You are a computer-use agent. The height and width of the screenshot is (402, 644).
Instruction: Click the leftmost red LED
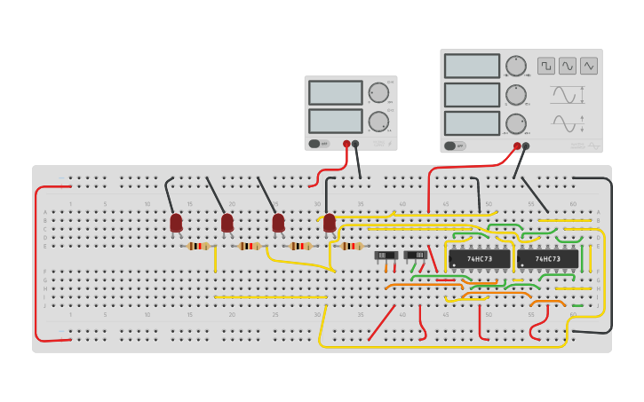176,222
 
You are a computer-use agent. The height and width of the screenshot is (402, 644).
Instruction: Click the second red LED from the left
227,222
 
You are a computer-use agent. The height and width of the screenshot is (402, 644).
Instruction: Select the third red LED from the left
278,222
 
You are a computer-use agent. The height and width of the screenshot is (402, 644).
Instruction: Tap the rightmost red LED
330,222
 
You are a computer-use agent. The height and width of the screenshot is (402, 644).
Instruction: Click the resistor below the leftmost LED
198,246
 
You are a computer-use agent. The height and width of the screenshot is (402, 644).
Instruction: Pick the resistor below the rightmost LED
352,246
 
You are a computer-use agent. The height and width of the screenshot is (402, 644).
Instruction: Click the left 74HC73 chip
480,259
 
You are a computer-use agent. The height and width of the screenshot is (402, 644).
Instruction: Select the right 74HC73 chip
547,259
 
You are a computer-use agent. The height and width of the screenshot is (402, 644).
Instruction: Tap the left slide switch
386,256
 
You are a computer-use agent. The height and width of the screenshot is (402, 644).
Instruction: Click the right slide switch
415,256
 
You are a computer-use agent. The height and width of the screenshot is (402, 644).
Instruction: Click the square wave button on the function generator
545,66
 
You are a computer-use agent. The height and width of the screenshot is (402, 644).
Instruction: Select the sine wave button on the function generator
568,66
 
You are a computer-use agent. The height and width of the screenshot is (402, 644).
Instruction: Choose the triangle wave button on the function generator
589,66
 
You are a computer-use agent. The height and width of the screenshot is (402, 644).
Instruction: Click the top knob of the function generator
515,66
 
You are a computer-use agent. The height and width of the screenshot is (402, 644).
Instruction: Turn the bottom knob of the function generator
515,122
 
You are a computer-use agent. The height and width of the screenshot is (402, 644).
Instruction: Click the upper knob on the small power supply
378,92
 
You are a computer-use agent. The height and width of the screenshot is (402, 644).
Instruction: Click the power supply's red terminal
346,144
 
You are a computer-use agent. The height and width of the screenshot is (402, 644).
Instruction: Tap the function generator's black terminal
526,146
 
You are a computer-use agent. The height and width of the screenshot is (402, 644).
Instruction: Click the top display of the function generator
472,66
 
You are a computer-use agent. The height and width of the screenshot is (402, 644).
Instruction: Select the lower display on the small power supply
335,121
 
